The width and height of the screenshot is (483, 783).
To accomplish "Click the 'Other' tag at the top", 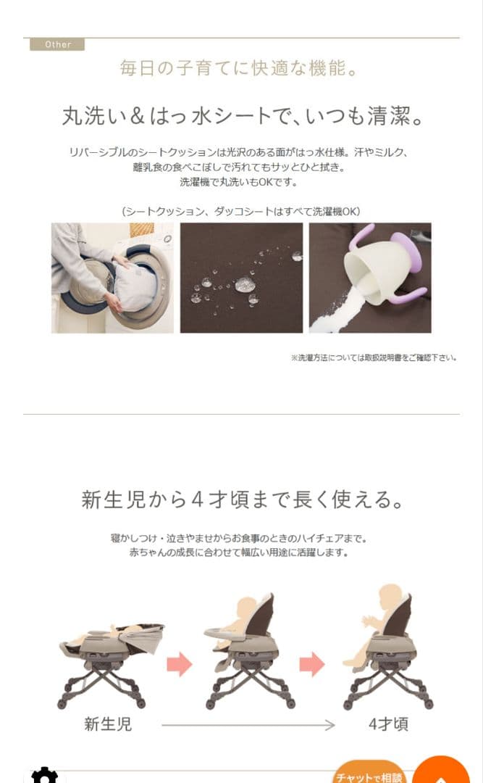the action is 57,44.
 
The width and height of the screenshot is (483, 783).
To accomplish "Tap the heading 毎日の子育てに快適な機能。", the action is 239,68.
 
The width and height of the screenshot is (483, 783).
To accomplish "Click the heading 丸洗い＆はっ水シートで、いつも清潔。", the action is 243,116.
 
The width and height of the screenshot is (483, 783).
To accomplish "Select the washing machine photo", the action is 112,278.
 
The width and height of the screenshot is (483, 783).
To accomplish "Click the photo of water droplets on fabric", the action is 242,278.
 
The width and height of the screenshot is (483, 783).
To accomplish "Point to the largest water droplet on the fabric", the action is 245,284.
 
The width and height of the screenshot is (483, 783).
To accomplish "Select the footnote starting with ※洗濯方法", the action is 374,357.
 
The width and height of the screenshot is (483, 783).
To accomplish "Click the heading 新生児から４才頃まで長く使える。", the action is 243,500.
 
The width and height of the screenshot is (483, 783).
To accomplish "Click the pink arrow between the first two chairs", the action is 180,663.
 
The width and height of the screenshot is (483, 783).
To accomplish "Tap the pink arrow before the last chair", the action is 312,663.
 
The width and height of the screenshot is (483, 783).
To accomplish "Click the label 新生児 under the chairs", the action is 108,724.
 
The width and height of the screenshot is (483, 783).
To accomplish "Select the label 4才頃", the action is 389,724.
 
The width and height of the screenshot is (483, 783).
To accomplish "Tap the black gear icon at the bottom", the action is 44,776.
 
